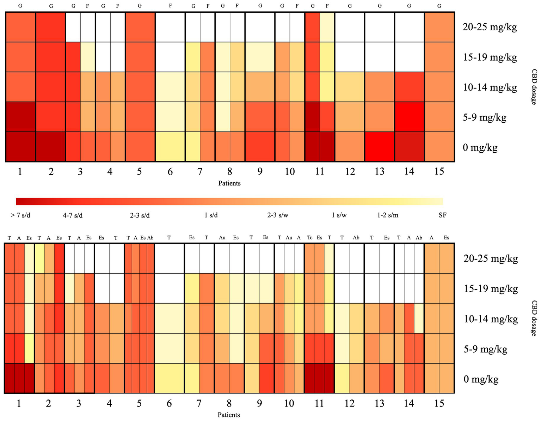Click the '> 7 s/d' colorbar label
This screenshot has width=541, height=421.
pyautogui.click(x=20, y=215)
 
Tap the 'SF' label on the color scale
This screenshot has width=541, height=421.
pyautogui.click(x=442, y=215)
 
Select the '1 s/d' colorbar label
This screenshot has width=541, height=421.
pyautogui.click(x=211, y=215)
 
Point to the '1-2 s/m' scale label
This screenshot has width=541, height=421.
pyautogui.click(x=388, y=215)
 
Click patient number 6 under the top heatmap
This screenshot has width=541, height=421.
pyautogui.click(x=170, y=172)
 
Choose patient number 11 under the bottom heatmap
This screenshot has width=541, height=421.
pyautogui.click(x=319, y=403)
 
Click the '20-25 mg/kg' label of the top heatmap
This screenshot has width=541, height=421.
pyautogui.click(x=490, y=27)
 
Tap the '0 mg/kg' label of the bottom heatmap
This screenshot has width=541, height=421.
pyautogui.click(x=481, y=379)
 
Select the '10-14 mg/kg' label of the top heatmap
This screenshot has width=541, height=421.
pyautogui.click(x=490, y=87)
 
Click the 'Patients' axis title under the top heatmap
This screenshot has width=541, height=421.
pyautogui.click(x=229, y=183)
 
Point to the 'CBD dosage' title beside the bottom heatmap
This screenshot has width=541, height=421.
pyautogui.click(x=534, y=318)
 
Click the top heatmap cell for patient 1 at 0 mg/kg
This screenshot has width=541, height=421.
pyautogui.click(x=20, y=147)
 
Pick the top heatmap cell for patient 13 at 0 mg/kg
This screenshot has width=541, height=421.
pyautogui.click(x=380, y=147)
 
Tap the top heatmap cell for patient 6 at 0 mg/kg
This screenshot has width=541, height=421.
pyautogui.click(x=170, y=147)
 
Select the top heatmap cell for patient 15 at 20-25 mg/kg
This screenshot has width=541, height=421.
pyautogui.click(x=439, y=27)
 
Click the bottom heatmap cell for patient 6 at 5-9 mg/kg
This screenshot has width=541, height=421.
pyautogui.click(x=169, y=348)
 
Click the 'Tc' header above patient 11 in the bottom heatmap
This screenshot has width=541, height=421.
pyautogui.click(x=309, y=238)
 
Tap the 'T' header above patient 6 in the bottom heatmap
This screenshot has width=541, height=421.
pyautogui.click(x=169, y=238)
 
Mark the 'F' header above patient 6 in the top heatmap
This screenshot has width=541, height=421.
pyautogui.click(x=170, y=6)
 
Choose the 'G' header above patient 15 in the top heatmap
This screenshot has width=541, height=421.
pyautogui.click(x=439, y=6)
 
